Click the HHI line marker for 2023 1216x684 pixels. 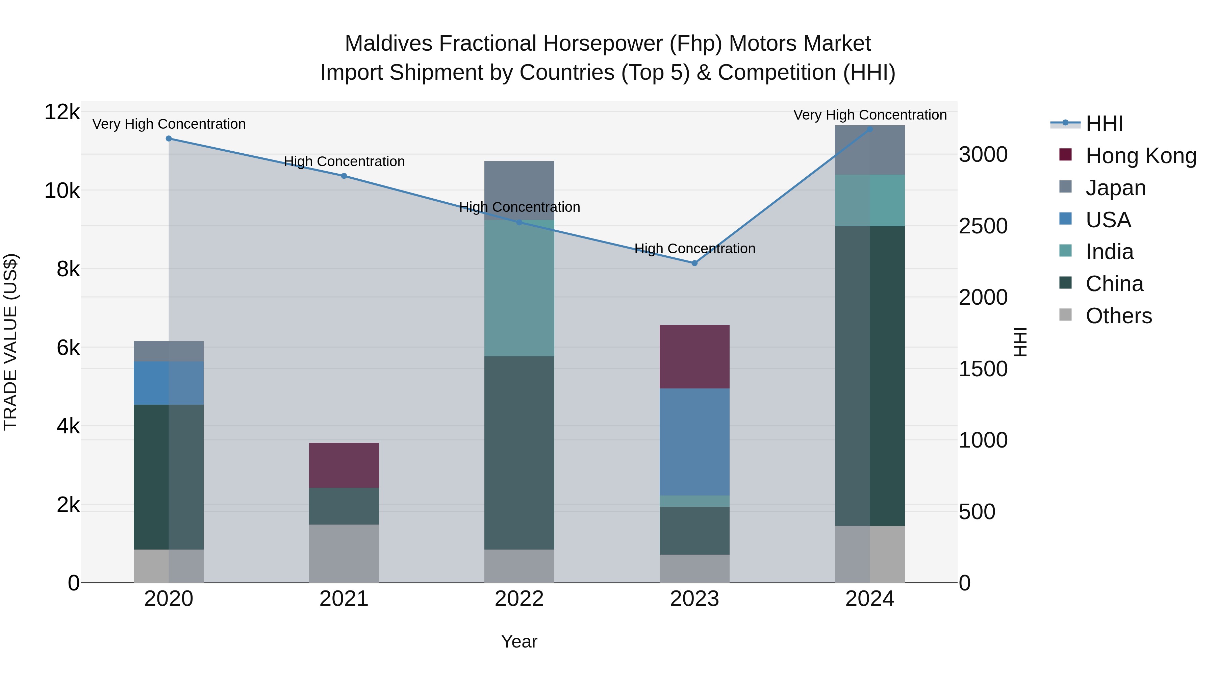click(694, 263)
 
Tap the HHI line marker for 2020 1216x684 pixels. click(169, 138)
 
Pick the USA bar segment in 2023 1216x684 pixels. click(694, 442)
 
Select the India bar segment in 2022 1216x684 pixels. click(519, 288)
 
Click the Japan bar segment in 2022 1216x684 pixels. click(519, 190)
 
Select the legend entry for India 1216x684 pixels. click(1109, 252)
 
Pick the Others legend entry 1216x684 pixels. click(1118, 316)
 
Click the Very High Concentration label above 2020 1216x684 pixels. click(169, 124)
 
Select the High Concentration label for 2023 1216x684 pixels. click(695, 249)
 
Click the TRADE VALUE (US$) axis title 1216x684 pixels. click(10, 342)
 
